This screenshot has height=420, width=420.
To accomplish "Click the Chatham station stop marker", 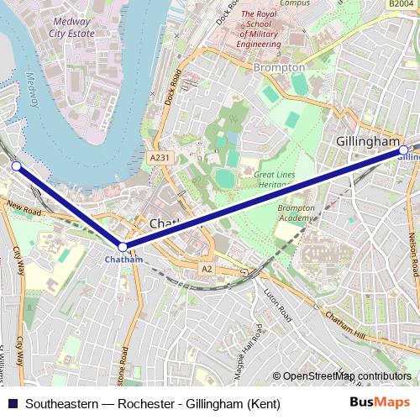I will click(123, 247).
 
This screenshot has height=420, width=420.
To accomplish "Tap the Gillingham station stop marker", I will click(403, 150).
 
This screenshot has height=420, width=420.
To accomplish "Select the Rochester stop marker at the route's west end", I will click(16, 166).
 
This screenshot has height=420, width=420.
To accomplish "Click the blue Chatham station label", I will click(123, 260).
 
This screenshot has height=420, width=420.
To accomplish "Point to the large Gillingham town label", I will click(368, 141).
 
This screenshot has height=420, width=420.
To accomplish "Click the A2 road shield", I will click(207, 268).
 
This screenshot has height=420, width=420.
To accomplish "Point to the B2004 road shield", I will click(402, 4).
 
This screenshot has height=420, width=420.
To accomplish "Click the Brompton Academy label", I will click(296, 213).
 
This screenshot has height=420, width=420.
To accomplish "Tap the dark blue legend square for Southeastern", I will click(13, 403).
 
